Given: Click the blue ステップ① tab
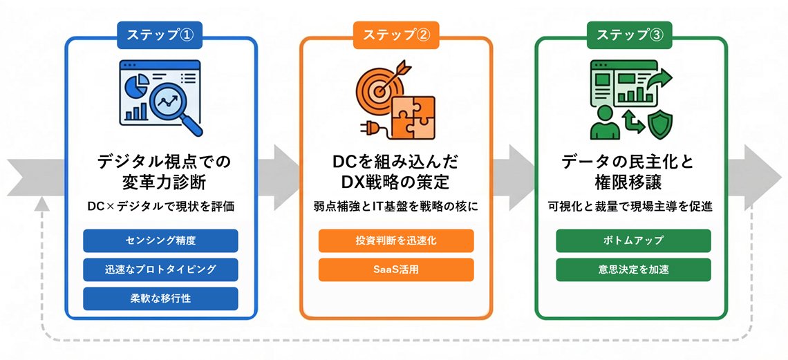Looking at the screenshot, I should tap(161, 35).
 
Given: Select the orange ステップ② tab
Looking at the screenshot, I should tap(396, 35).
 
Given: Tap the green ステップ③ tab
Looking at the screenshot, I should tap(630, 35).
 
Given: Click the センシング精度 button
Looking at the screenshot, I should tap(161, 240).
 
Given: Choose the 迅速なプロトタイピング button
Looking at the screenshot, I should tap(161, 269).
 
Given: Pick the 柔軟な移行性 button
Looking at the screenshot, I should tap(161, 299).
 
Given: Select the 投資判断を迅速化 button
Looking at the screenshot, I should tap(396, 240).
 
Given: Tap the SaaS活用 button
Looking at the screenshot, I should tap(396, 269).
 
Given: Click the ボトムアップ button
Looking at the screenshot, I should tap(633, 240).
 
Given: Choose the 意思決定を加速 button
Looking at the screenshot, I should tap(633, 269).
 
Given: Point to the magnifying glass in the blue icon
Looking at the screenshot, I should tap(169, 104).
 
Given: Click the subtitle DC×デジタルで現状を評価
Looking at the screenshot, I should tap(161, 207).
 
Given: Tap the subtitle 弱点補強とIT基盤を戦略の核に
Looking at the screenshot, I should tap(396, 207).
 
